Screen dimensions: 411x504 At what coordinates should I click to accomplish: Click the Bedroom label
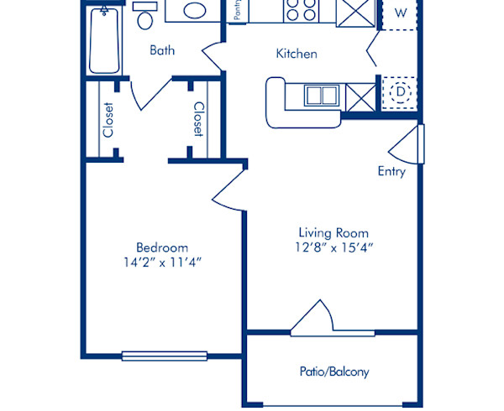click(162, 247)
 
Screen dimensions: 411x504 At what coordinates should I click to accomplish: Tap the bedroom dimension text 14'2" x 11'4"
click(162, 263)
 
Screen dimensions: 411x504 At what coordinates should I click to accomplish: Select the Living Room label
click(333, 232)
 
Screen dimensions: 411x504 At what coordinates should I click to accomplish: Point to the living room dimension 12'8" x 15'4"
click(333, 247)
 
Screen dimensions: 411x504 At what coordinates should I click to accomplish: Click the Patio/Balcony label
click(333, 372)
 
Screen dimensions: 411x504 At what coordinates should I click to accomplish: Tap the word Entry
click(391, 171)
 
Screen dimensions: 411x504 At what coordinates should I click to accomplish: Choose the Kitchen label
click(297, 54)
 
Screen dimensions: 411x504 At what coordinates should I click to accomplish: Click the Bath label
click(162, 50)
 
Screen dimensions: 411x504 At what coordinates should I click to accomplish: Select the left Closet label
click(108, 119)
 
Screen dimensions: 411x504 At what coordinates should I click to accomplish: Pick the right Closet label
click(198, 119)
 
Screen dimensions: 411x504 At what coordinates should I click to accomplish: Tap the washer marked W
click(401, 13)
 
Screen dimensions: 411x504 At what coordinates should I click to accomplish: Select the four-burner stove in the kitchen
click(300, 10)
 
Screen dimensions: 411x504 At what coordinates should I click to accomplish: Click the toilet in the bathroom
click(144, 17)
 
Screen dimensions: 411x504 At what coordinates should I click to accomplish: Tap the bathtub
click(104, 40)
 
